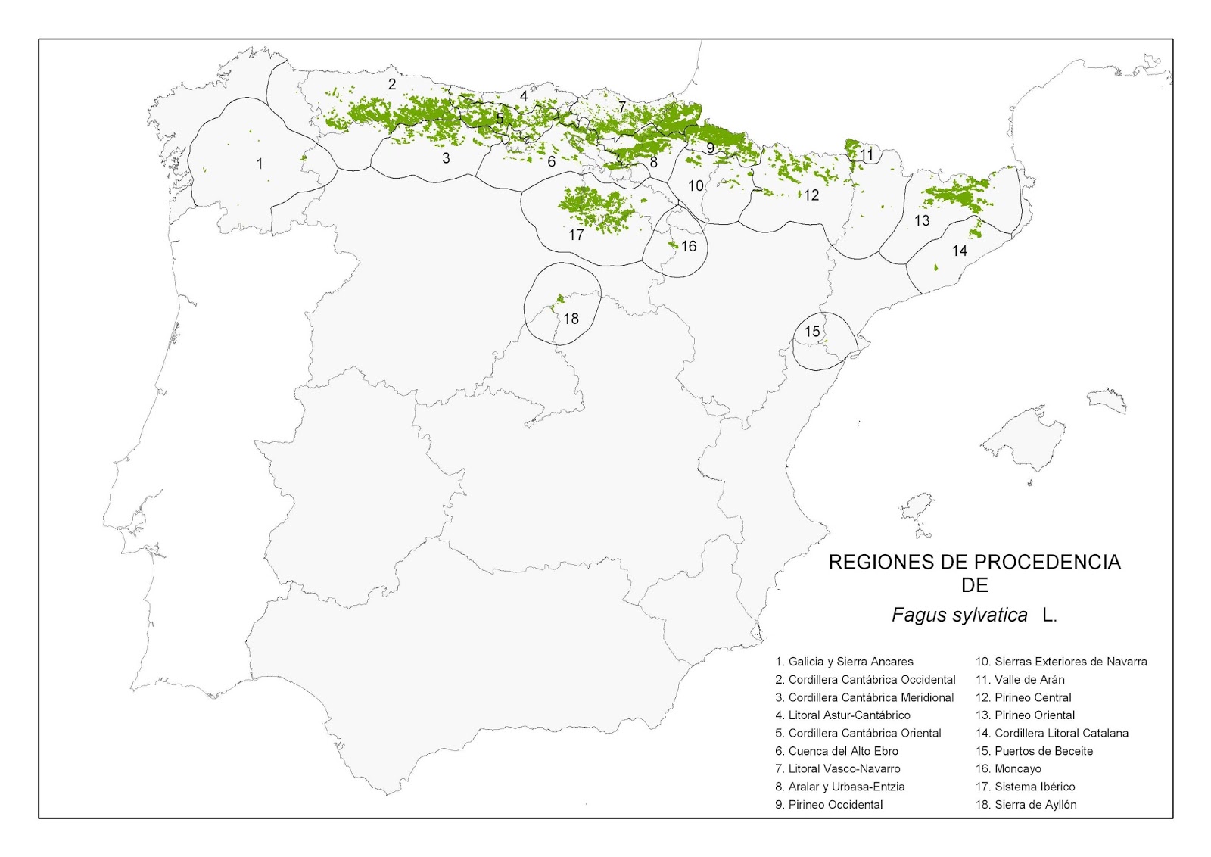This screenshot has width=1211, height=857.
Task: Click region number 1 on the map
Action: pos(260,164)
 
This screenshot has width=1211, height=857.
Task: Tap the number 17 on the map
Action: pos(576,235)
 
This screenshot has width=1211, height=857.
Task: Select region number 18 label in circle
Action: pos(571,319)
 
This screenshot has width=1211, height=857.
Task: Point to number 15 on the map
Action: pos(812,332)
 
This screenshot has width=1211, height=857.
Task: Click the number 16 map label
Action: pos(688,246)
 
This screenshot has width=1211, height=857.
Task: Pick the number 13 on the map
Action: pos(921,221)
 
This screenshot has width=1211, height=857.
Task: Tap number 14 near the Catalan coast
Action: pos(959,251)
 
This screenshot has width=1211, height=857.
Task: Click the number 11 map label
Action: pos(866,155)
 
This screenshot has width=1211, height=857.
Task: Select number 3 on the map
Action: pos(446,158)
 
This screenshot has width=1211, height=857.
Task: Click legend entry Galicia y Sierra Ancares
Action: pos(844,662)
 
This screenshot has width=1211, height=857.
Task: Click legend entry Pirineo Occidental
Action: pos(829,805)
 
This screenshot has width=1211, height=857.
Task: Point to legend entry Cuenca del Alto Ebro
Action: pos(836,751)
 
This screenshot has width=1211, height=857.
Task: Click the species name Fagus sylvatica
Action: pos(959,615)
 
